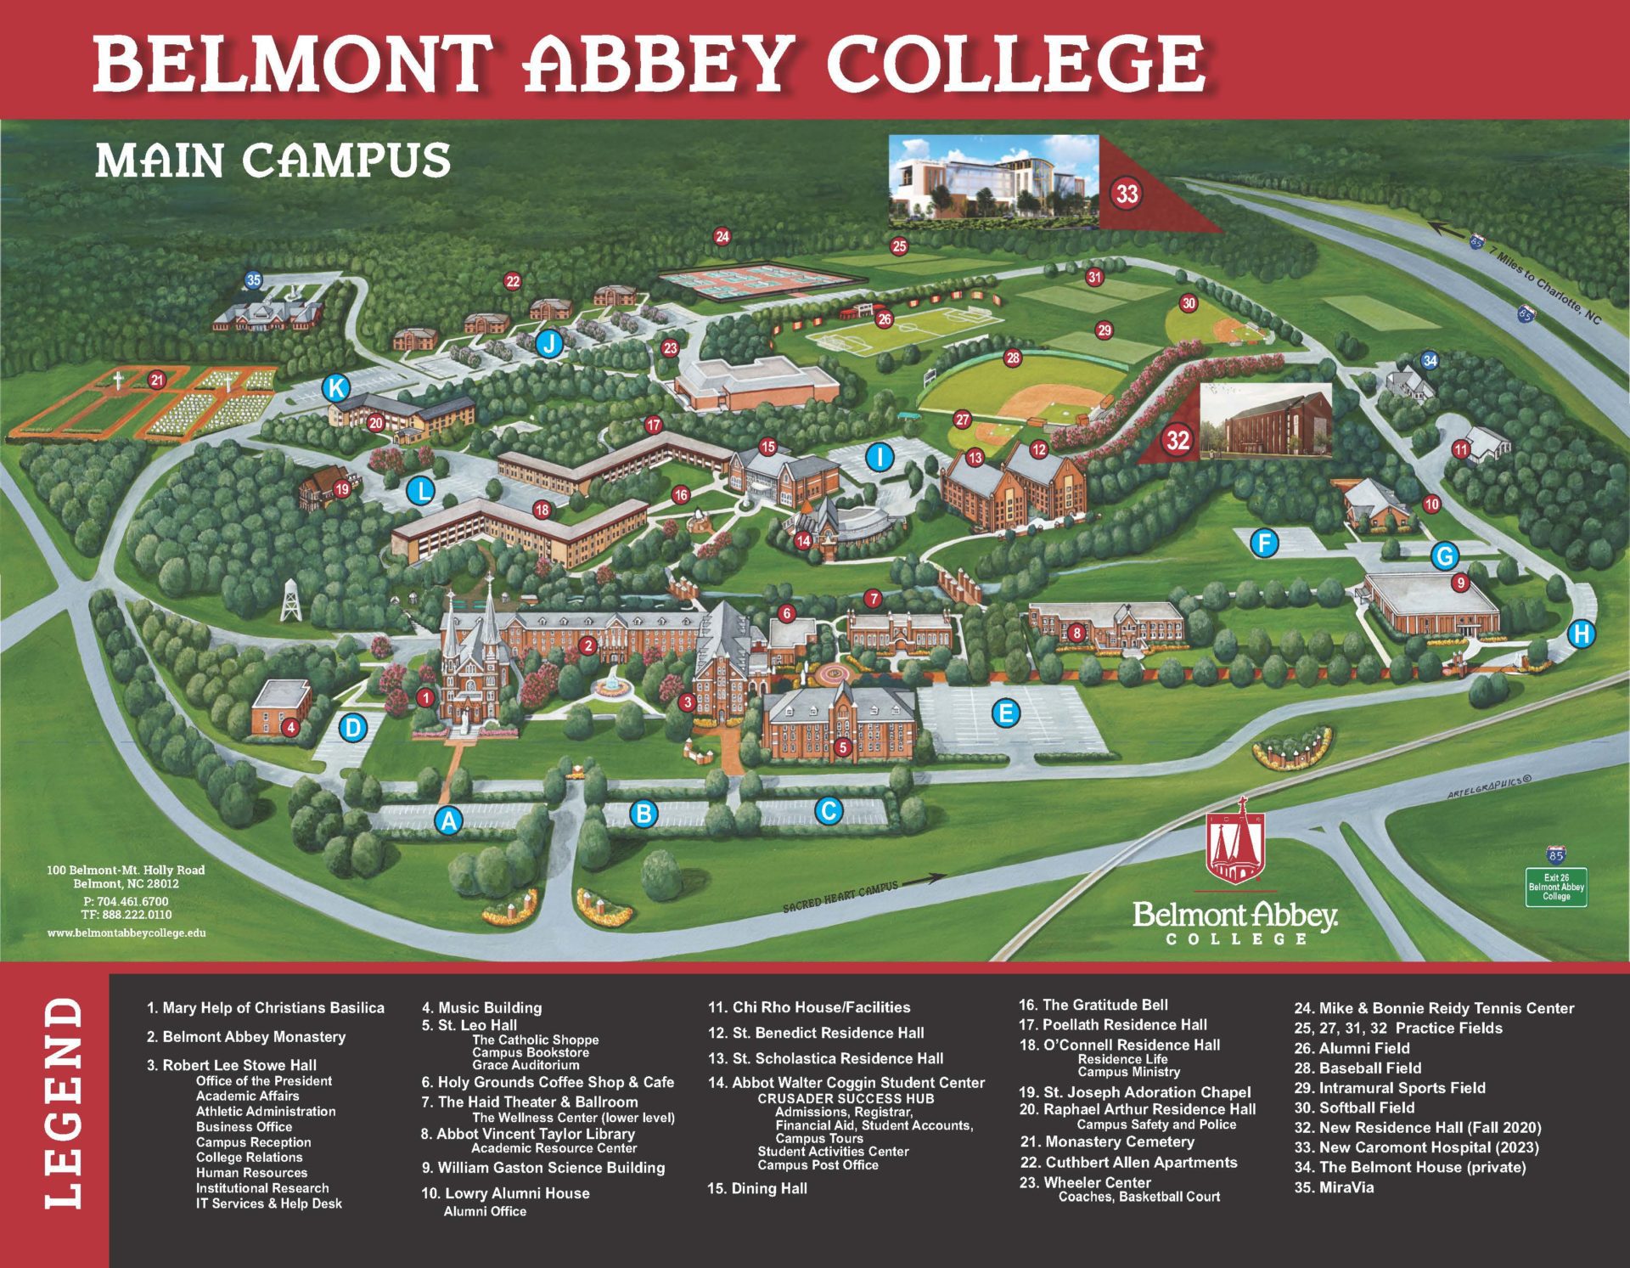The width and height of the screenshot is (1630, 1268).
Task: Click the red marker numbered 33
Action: (x=1126, y=194)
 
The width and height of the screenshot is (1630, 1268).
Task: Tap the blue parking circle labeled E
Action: (x=1006, y=713)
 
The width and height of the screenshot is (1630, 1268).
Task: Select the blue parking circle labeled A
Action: (x=448, y=820)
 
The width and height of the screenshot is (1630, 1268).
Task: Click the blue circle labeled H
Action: (x=1581, y=634)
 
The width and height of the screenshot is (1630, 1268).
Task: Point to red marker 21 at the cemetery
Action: (x=156, y=380)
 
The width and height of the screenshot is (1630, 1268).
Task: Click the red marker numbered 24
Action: (x=722, y=237)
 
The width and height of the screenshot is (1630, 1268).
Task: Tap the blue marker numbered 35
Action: (x=254, y=279)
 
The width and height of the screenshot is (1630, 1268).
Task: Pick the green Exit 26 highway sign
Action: (x=1556, y=888)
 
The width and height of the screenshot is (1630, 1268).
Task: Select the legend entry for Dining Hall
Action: (x=757, y=1188)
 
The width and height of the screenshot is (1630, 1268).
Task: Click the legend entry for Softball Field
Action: (x=1354, y=1107)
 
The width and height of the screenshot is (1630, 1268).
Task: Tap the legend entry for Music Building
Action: (x=481, y=1008)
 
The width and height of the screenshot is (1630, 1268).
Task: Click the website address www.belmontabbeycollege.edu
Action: (x=126, y=933)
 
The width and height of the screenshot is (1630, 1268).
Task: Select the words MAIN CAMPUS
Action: (x=273, y=161)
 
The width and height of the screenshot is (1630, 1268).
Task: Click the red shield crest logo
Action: (x=1236, y=849)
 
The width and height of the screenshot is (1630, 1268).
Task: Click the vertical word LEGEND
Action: (x=64, y=1103)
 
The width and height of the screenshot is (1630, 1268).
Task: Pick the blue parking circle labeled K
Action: (x=336, y=389)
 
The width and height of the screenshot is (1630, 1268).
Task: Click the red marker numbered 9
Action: (x=1460, y=583)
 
